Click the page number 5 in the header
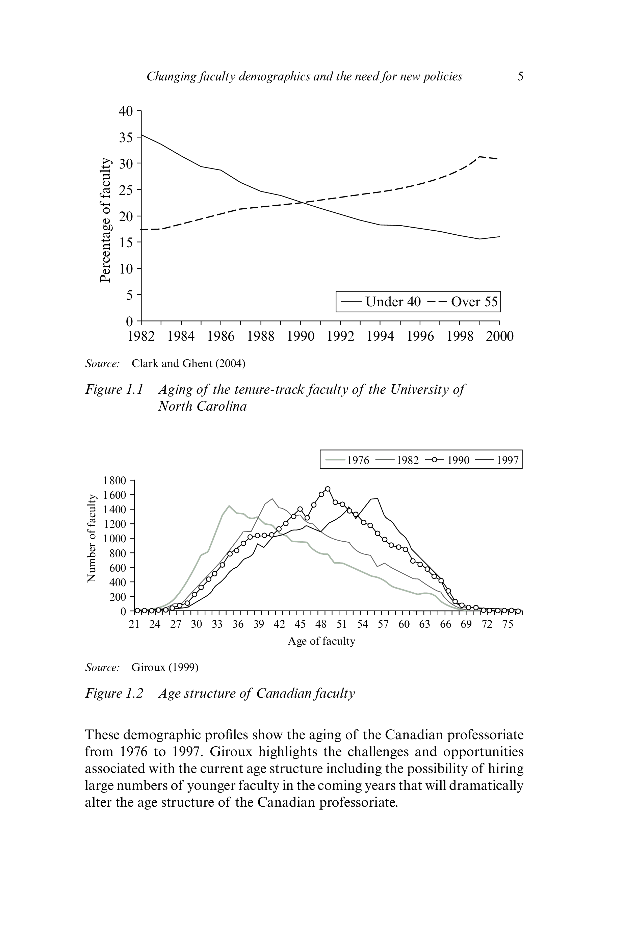click(520, 76)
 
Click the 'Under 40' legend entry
click(392, 302)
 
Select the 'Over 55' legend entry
click(474, 302)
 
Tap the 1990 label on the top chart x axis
click(300, 336)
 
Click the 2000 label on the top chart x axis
click(499, 336)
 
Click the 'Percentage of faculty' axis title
click(105, 220)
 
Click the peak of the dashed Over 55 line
click(480, 157)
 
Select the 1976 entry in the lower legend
click(357, 460)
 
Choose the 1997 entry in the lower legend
click(507, 460)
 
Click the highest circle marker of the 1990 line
click(328, 489)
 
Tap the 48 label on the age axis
click(321, 624)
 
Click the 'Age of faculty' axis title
click(321, 641)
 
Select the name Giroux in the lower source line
click(148, 667)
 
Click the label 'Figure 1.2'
click(114, 693)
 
